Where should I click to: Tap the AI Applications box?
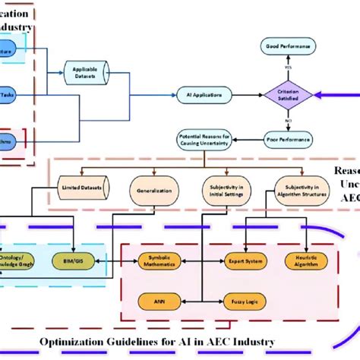[203, 96]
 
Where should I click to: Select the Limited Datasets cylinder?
[81, 186]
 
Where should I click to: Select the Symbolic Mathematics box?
[159, 261]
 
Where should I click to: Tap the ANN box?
[159, 302]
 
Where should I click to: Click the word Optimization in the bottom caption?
[76, 342]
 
